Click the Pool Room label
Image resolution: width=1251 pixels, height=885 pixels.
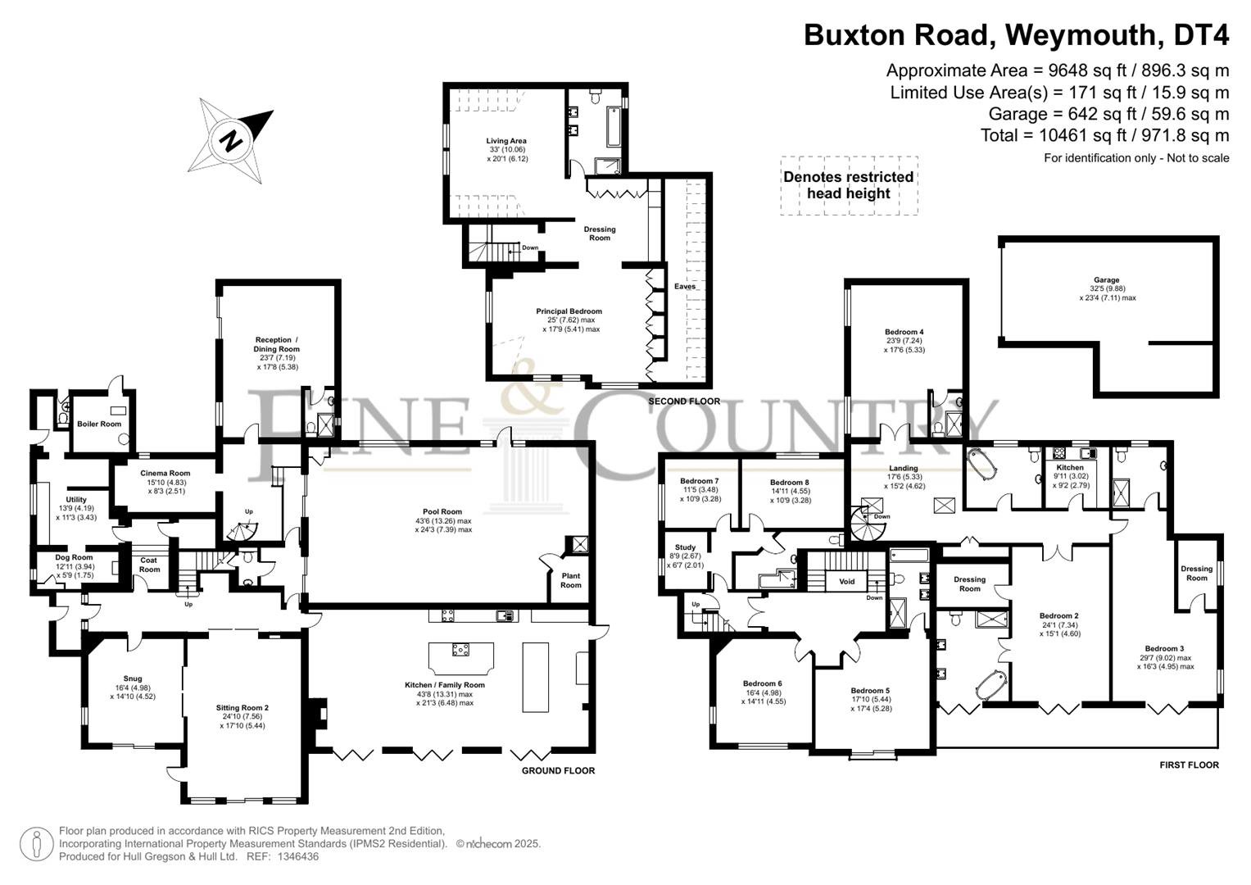[442, 511]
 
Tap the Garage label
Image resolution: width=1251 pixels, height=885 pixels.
[1106, 280]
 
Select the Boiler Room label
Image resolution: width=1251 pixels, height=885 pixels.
[99, 424]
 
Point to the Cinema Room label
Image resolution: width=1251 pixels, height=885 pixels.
[165, 474]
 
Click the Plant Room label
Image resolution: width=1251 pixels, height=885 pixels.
[571, 580]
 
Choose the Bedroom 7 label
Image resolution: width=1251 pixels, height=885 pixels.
[699, 481]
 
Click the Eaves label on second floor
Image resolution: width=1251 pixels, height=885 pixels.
[685, 287]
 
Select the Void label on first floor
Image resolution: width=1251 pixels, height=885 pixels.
[846, 582]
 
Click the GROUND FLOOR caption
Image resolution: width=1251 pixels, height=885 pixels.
[558, 770]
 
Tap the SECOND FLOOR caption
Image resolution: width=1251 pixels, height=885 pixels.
[684, 402]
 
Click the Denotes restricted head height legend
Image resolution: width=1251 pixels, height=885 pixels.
[848, 185]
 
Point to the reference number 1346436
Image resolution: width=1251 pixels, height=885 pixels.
[297, 856]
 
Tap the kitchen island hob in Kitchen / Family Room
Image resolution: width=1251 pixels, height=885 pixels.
[460, 649]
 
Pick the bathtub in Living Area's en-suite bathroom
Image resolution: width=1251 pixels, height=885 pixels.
[614, 127]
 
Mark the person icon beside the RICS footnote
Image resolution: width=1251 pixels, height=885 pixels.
[37, 844]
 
